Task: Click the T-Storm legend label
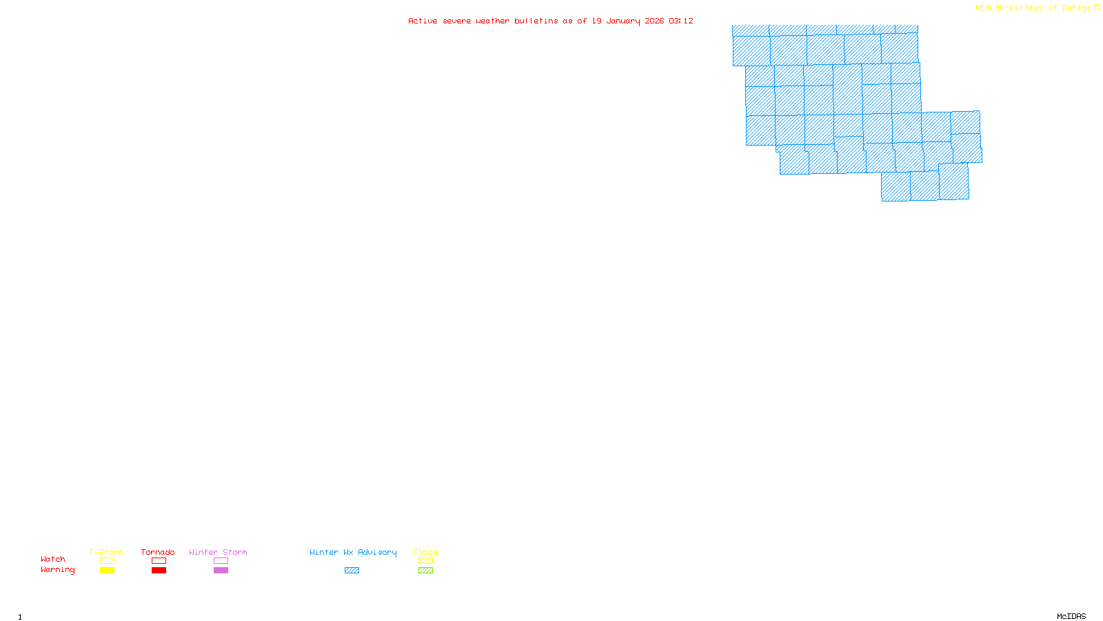tap(106, 552)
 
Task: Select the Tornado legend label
tap(158, 552)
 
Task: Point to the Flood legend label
tap(425, 552)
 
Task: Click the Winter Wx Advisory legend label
tap(353, 552)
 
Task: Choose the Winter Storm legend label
tap(218, 552)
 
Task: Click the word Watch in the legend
tap(53, 559)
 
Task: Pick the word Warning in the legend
tap(57, 570)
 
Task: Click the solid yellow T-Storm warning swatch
tap(107, 571)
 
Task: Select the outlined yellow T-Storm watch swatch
tap(107, 561)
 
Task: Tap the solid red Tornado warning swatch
tap(159, 571)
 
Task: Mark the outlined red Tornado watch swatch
tap(159, 561)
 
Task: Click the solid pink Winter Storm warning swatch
tap(221, 571)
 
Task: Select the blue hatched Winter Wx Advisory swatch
tap(352, 571)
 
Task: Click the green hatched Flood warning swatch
tap(425, 571)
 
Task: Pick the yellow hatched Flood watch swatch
tap(425, 561)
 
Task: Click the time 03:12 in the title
tap(681, 21)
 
